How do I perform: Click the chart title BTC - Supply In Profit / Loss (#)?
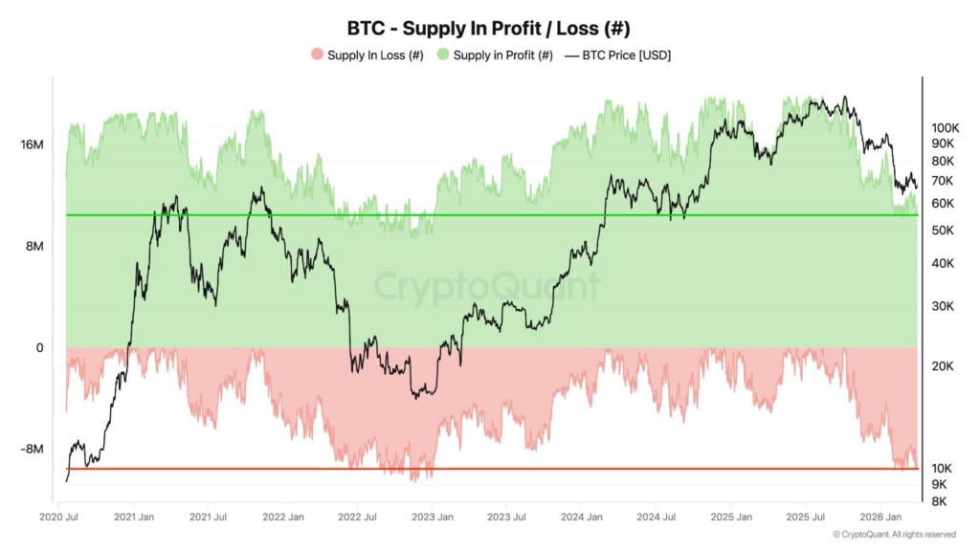click(489, 29)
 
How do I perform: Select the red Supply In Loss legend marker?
click(317, 55)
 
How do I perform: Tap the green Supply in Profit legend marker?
click(443, 55)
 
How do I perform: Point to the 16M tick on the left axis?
click(32, 144)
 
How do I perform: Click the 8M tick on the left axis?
click(34, 246)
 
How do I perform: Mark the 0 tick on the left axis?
click(39, 348)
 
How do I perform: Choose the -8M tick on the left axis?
click(32, 450)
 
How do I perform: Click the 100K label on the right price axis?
click(946, 127)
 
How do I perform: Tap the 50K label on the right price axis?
click(943, 231)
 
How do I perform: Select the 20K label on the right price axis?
click(943, 366)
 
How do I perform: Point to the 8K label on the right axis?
click(940, 501)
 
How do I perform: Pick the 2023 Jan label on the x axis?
click(431, 518)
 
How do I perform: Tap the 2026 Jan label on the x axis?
click(878, 518)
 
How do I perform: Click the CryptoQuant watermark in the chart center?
click(487, 286)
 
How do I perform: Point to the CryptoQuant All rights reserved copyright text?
click(894, 534)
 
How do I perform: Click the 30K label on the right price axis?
click(943, 306)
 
